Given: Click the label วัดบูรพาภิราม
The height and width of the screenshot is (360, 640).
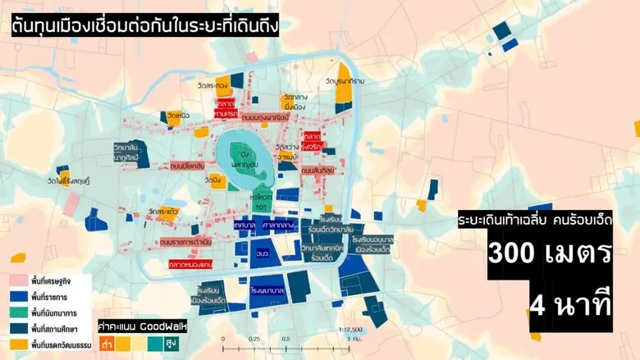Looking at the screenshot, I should point(342,82).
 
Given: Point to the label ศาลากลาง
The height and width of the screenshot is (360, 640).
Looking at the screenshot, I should point(280,224).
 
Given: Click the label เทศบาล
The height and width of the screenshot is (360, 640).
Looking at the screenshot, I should point(245,224).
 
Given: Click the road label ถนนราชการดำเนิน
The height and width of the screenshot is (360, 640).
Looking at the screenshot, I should point(187,243).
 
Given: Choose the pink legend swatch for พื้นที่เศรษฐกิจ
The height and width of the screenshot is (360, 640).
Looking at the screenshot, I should point(18,280).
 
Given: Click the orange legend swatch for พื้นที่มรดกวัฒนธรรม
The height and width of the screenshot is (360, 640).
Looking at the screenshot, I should point(18,345).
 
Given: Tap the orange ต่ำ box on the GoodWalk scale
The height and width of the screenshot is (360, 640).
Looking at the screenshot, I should point(107,344).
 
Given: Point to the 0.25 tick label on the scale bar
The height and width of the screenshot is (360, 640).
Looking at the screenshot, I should point(254,339).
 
